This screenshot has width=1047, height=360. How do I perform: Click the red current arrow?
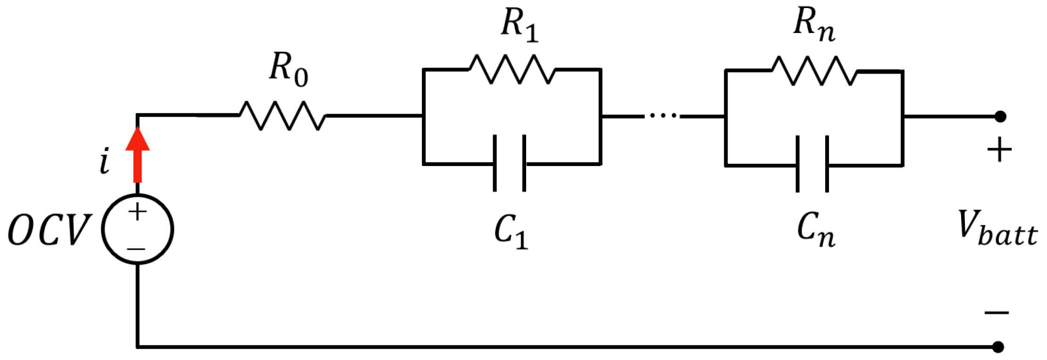(x=137, y=156)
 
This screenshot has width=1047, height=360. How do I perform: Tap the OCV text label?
(x=49, y=230)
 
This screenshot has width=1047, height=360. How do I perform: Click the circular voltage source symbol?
(x=137, y=229)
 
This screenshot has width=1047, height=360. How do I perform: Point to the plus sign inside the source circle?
(x=137, y=212)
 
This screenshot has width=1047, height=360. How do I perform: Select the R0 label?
(x=288, y=69)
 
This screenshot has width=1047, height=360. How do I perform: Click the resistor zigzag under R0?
(x=282, y=116)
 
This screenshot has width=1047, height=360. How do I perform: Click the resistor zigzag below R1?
(x=512, y=70)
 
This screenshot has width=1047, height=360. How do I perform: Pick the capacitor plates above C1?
(x=510, y=164)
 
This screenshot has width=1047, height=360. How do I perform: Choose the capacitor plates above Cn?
(x=812, y=165)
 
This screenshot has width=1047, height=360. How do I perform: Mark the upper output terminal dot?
(x=1000, y=116)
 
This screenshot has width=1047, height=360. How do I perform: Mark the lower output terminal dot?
(x=997, y=347)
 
